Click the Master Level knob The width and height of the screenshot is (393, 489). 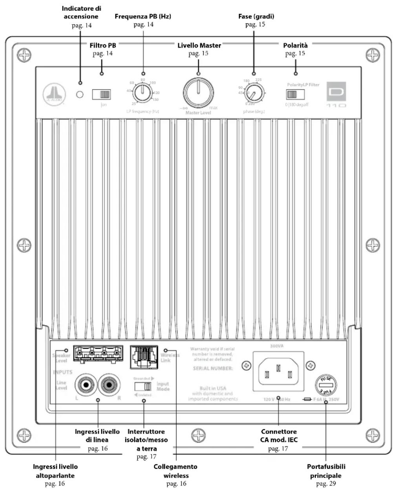(198, 93)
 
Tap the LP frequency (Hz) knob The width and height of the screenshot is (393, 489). (142, 94)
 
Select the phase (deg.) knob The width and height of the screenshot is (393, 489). (254, 94)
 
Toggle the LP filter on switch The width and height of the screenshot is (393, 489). (102, 94)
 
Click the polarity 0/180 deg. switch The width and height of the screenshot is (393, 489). (296, 95)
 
